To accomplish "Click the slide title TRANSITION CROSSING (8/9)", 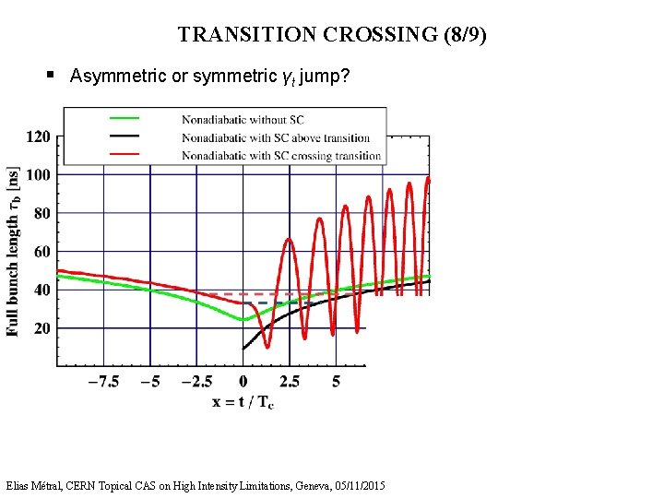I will pyautogui.click(x=332, y=35).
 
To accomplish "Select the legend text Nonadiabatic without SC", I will pyautogui.click(x=243, y=119).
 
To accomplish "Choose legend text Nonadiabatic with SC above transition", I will pyautogui.click(x=275, y=137).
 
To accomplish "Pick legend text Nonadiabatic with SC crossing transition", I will pyautogui.click(x=280, y=156).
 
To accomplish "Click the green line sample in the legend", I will pyautogui.click(x=125, y=118).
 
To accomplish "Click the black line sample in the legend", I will pyautogui.click(x=125, y=136).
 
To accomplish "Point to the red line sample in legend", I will pyautogui.click(x=125, y=154).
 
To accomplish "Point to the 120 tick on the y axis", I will pyautogui.click(x=38, y=136).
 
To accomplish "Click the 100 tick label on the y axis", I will pyautogui.click(x=38, y=174).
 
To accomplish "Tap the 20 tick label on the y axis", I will pyautogui.click(x=41, y=328).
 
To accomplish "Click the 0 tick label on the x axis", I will pyautogui.click(x=243, y=382).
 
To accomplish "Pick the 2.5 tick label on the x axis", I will pyautogui.click(x=289, y=382).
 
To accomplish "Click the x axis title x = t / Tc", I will pyautogui.click(x=243, y=402).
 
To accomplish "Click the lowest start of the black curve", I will pyautogui.click(x=243, y=349).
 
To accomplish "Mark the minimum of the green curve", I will pyautogui.click(x=243, y=319).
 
